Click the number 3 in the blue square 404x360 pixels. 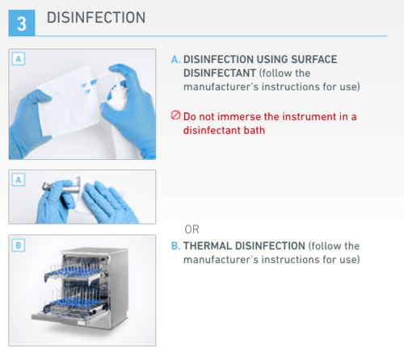pyautogui.click(x=22, y=23)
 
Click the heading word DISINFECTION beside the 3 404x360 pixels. pyautogui.click(x=96, y=18)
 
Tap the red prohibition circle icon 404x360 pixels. pyautogui.click(x=175, y=115)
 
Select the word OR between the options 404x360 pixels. pyautogui.click(x=192, y=229)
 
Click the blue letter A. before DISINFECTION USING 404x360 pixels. pyautogui.click(x=175, y=60)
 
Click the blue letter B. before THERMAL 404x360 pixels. pyautogui.click(x=175, y=246)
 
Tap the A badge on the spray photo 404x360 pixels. pyautogui.click(x=19, y=59)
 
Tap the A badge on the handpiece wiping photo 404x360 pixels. pyautogui.click(x=19, y=180)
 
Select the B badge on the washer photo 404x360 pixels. pyautogui.click(x=19, y=245)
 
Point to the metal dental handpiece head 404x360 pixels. pyautogui.click(x=46, y=186)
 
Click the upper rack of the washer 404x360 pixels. pyautogui.click(x=75, y=272)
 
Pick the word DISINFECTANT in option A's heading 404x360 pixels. pyautogui.click(x=220, y=73)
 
